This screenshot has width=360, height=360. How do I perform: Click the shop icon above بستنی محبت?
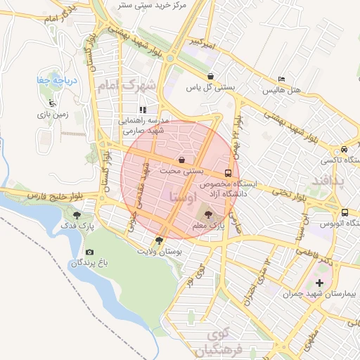coord(182,160)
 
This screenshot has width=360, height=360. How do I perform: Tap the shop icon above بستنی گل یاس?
coord(210,77)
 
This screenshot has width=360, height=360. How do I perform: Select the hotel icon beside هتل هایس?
coord(282,79)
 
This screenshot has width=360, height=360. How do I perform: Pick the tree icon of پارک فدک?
coord(77,216)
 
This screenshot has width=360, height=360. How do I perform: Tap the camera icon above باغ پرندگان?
coord(89,252)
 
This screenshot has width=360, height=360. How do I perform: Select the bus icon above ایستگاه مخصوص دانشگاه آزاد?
coord(228,172)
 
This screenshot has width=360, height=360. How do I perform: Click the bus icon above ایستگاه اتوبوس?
coord(344,212)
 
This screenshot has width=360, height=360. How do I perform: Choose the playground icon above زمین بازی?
coord(51,102)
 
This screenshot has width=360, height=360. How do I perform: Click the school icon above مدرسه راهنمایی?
coord(143,110)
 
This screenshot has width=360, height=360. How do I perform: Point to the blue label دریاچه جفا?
coord(52,81)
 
